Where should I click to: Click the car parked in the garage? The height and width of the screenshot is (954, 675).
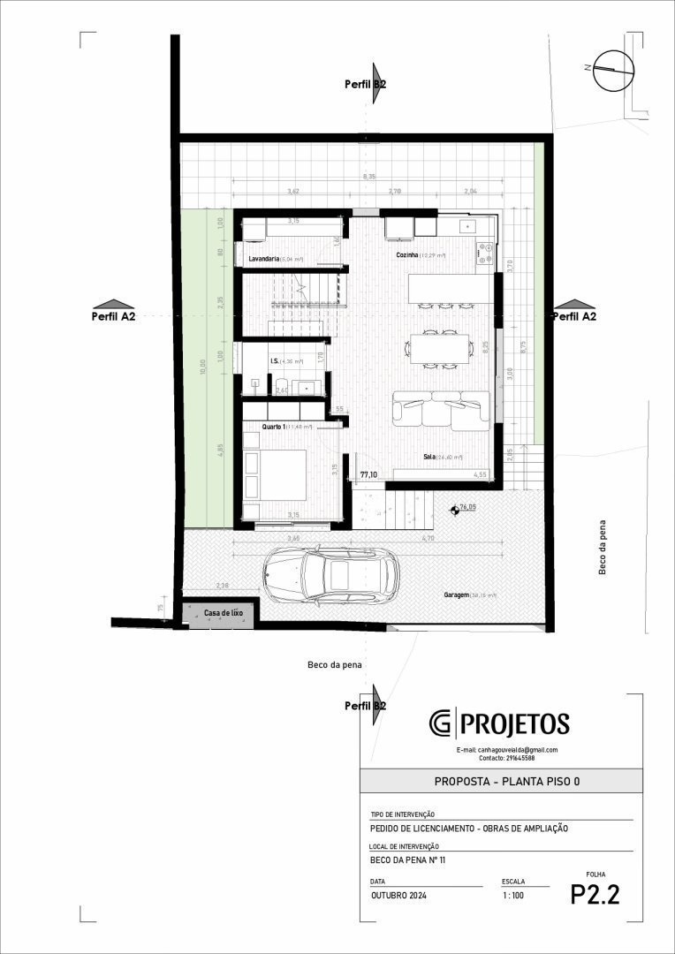(330, 576)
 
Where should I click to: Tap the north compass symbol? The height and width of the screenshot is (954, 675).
(613, 70)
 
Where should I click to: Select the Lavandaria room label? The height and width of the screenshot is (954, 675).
(264, 259)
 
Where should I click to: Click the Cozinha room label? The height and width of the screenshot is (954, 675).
(407, 254)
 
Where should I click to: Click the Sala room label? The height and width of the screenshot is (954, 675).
(429, 457)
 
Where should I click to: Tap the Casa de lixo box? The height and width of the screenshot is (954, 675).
(223, 612)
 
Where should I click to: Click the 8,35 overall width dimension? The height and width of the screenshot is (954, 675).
(369, 177)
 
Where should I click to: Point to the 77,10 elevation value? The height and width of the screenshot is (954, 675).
(369, 474)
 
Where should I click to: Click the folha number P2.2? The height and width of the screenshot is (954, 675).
(595, 894)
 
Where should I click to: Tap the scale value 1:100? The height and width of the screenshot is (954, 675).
(512, 896)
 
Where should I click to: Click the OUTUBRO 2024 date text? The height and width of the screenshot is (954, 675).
(398, 896)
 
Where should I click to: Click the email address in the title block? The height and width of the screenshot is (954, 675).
(506, 750)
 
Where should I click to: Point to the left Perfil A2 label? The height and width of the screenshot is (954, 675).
(113, 315)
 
